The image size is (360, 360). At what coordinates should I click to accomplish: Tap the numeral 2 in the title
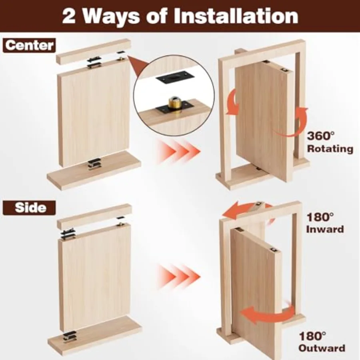69,16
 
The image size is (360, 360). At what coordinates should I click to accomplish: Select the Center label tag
29,45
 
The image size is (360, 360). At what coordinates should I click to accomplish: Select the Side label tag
29,208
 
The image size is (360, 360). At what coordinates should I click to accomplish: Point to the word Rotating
330,149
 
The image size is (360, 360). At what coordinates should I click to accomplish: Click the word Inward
325,229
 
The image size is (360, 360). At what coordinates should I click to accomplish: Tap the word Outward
322,348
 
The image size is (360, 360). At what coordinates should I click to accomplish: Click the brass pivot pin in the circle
174,103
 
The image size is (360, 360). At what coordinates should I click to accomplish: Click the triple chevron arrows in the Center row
178,151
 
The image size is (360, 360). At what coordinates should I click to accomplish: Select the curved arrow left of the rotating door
232,101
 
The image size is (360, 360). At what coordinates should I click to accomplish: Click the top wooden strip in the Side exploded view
94,216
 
